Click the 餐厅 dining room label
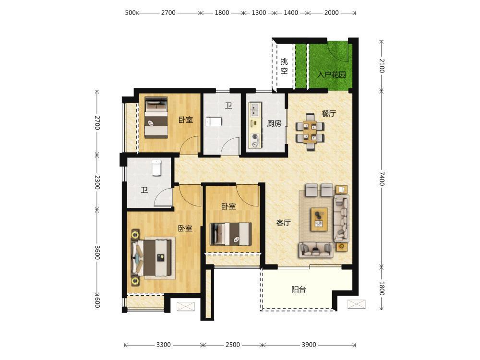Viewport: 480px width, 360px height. [x=328, y=114]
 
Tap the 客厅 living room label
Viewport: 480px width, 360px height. [x=283, y=223]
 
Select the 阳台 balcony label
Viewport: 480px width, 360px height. [x=299, y=289]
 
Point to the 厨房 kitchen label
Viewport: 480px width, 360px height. [x=274, y=123]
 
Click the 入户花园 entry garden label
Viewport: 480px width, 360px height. [x=332, y=74]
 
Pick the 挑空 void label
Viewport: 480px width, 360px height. [x=284, y=66]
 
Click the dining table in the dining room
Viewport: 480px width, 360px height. [x=310, y=132]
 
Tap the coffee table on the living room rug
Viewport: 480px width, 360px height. [x=319, y=219]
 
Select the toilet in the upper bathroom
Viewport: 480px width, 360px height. [x=214, y=122]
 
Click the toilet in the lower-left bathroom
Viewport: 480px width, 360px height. [x=156, y=168]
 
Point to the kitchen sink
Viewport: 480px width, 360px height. [x=255, y=110]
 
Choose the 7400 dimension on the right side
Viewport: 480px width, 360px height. [x=382, y=179]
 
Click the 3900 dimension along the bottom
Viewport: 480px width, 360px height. [x=309, y=345]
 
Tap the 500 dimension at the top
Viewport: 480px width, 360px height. [x=130, y=12]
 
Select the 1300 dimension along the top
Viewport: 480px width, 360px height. [x=259, y=12]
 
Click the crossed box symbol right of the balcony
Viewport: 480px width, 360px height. [x=356, y=304]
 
